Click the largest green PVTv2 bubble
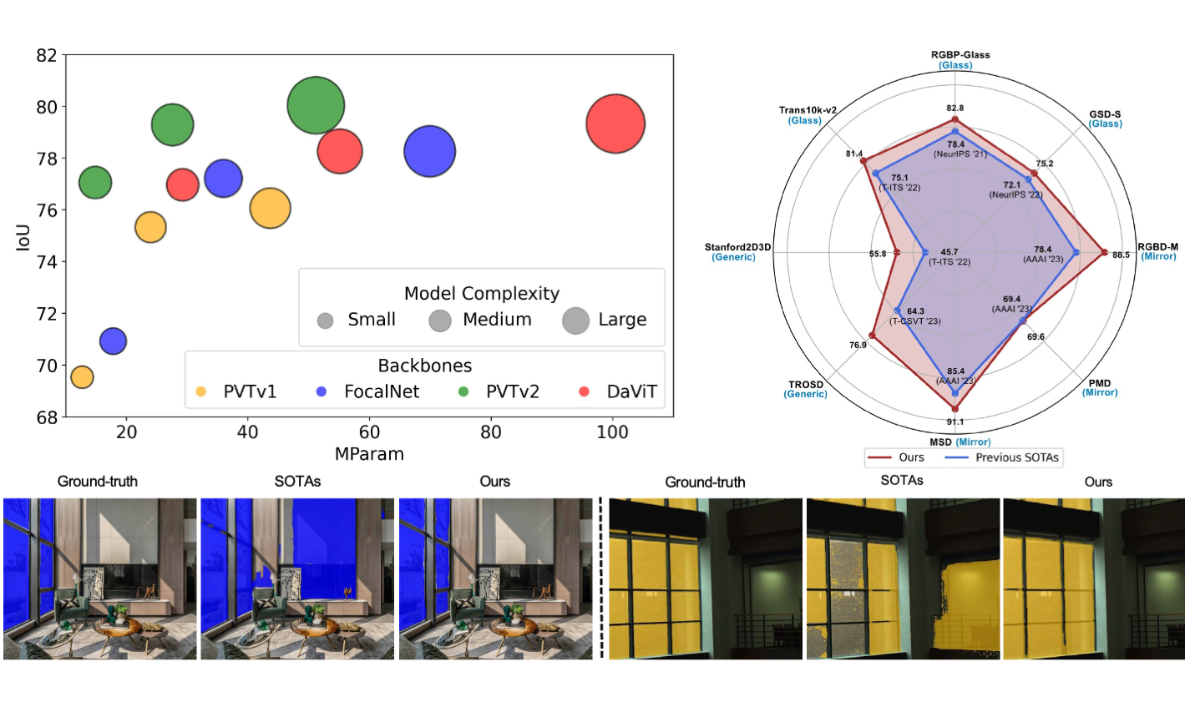tap(316, 105)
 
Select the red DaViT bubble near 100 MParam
tap(615, 124)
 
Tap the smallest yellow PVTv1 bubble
tap(81, 377)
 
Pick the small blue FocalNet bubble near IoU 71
tap(113, 341)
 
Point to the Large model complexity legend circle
tap(575, 320)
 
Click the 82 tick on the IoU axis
tap(47, 55)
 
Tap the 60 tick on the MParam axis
tap(369, 432)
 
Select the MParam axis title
tap(369, 454)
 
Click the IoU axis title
tap(23, 237)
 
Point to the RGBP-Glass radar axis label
tap(960, 55)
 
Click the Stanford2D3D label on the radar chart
tap(737, 247)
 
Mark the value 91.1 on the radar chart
tap(955, 422)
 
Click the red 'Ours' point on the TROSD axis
tap(872, 336)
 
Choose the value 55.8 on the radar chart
tap(877, 254)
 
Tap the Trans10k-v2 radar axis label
tap(807, 110)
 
